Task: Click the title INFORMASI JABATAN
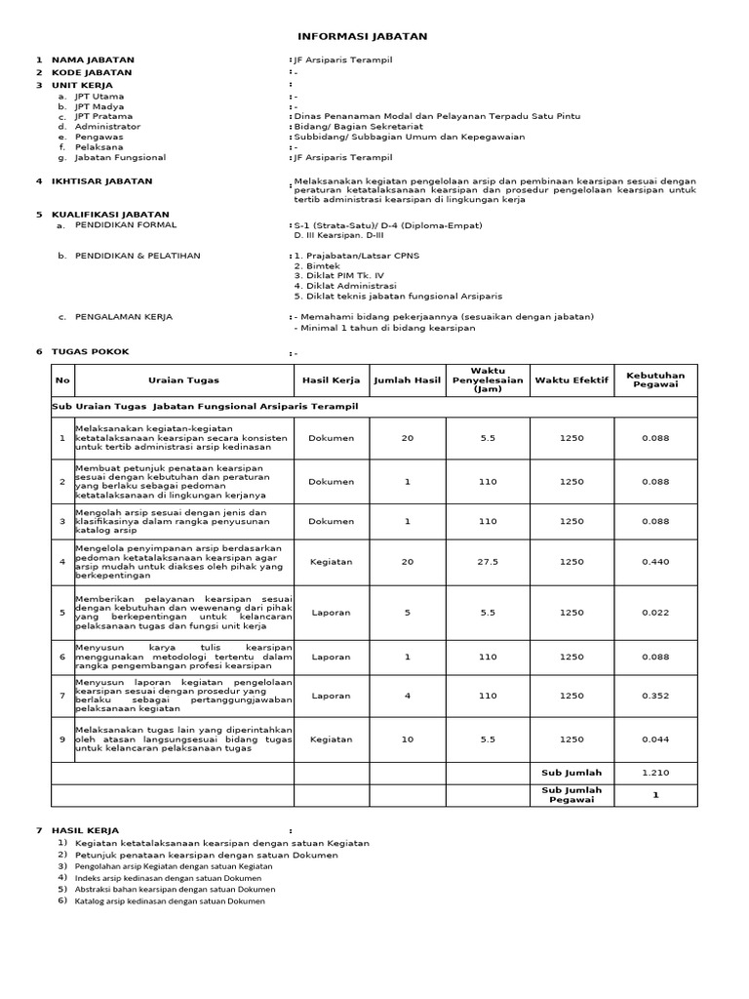pyautogui.click(x=362, y=36)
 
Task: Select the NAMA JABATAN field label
pyautogui.click(x=93, y=60)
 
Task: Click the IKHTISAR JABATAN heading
pyautogui.click(x=101, y=181)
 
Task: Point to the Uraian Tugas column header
pyautogui.click(x=183, y=380)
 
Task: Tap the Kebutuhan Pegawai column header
pyautogui.click(x=655, y=380)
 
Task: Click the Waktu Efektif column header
pyautogui.click(x=571, y=380)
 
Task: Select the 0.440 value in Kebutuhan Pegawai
pyautogui.click(x=655, y=562)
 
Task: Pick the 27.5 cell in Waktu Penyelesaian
pyautogui.click(x=488, y=562)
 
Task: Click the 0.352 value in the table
pyautogui.click(x=655, y=696)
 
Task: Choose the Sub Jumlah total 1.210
pyautogui.click(x=655, y=772)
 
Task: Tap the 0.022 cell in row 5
pyautogui.click(x=655, y=613)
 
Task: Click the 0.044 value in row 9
pyautogui.click(x=655, y=739)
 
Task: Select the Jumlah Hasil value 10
pyautogui.click(x=408, y=739)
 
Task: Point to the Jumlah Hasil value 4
pyautogui.click(x=408, y=696)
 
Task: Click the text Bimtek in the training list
pyautogui.click(x=311, y=265)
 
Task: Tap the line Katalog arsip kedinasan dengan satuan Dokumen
pyautogui.click(x=170, y=901)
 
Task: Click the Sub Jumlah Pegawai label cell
pyautogui.click(x=571, y=795)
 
